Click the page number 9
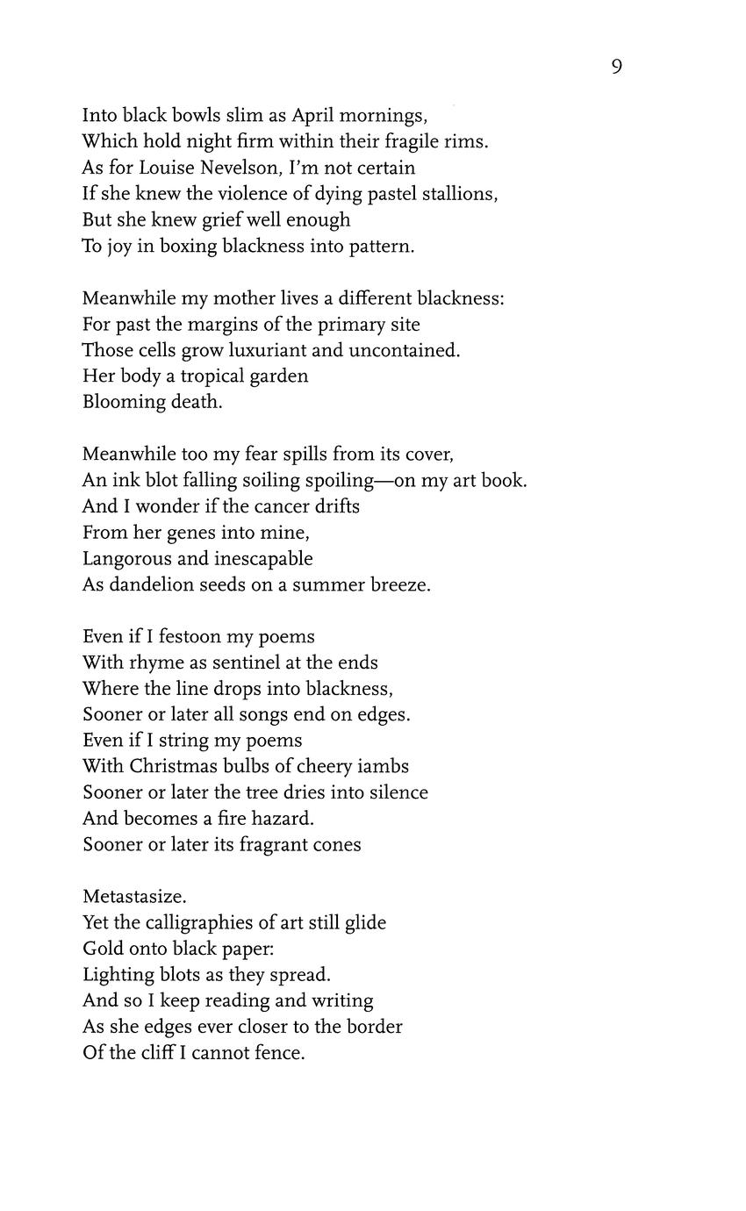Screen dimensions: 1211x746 (616, 67)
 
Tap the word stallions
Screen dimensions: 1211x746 (455, 194)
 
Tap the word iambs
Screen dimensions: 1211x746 (384, 766)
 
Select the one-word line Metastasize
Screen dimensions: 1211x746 (134, 897)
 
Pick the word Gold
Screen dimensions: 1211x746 (102, 949)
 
